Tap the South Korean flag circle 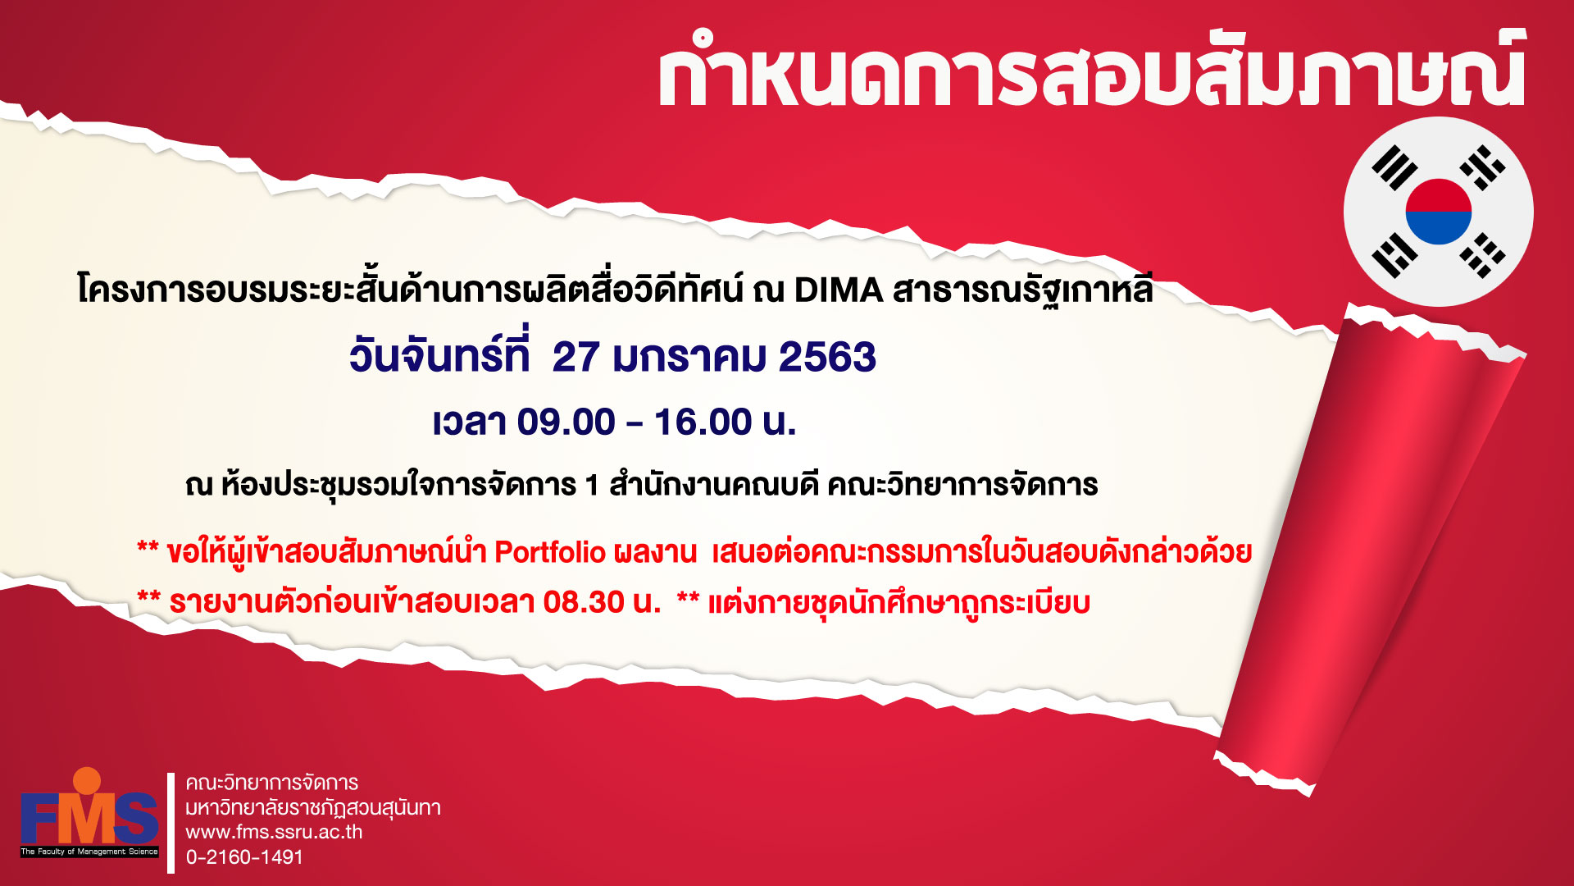[1438, 212]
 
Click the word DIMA [839, 290]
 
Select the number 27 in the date [575, 358]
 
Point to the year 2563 [827, 358]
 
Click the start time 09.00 [566, 422]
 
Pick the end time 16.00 [703, 422]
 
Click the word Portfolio [550, 553]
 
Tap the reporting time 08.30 [584, 603]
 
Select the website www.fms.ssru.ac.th [274, 832]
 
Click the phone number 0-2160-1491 [244, 857]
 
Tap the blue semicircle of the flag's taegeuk [1438, 227]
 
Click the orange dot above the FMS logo [87, 780]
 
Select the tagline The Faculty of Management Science [89, 852]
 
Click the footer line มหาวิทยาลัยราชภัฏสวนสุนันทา [313, 808]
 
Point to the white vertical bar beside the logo [171, 823]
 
